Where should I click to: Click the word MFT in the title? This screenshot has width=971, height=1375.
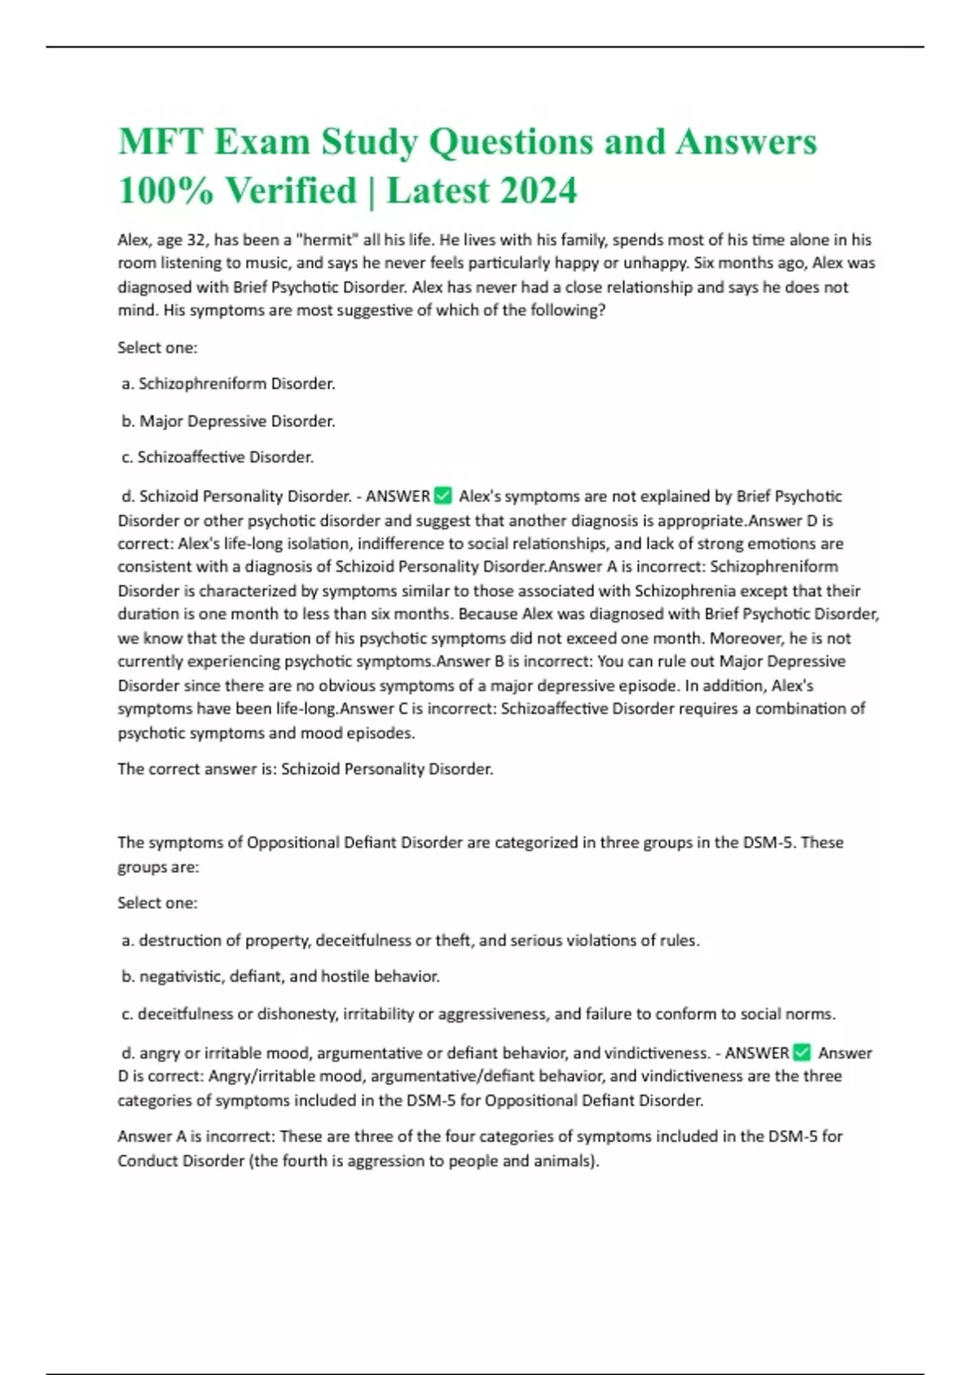[x=160, y=142]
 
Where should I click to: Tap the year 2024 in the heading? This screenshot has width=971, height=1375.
[x=538, y=192]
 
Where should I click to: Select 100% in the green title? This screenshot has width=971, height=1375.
[x=166, y=192]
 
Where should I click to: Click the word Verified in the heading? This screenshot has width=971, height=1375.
[x=290, y=192]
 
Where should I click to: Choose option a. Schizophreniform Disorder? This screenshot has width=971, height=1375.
[x=228, y=384]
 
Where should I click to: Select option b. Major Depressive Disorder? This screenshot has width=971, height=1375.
[x=228, y=421]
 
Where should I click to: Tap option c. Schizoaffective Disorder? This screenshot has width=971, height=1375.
[x=218, y=458]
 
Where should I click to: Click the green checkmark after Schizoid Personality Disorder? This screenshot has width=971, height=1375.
[x=443, y=495]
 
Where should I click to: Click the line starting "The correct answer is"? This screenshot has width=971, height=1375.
[x=305, y=769]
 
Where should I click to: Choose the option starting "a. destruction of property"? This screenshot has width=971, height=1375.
[x=410, y=941]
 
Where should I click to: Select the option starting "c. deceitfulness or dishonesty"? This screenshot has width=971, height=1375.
[x=478, y=1014]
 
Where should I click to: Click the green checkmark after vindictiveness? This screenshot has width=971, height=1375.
[x=802, y=1052]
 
